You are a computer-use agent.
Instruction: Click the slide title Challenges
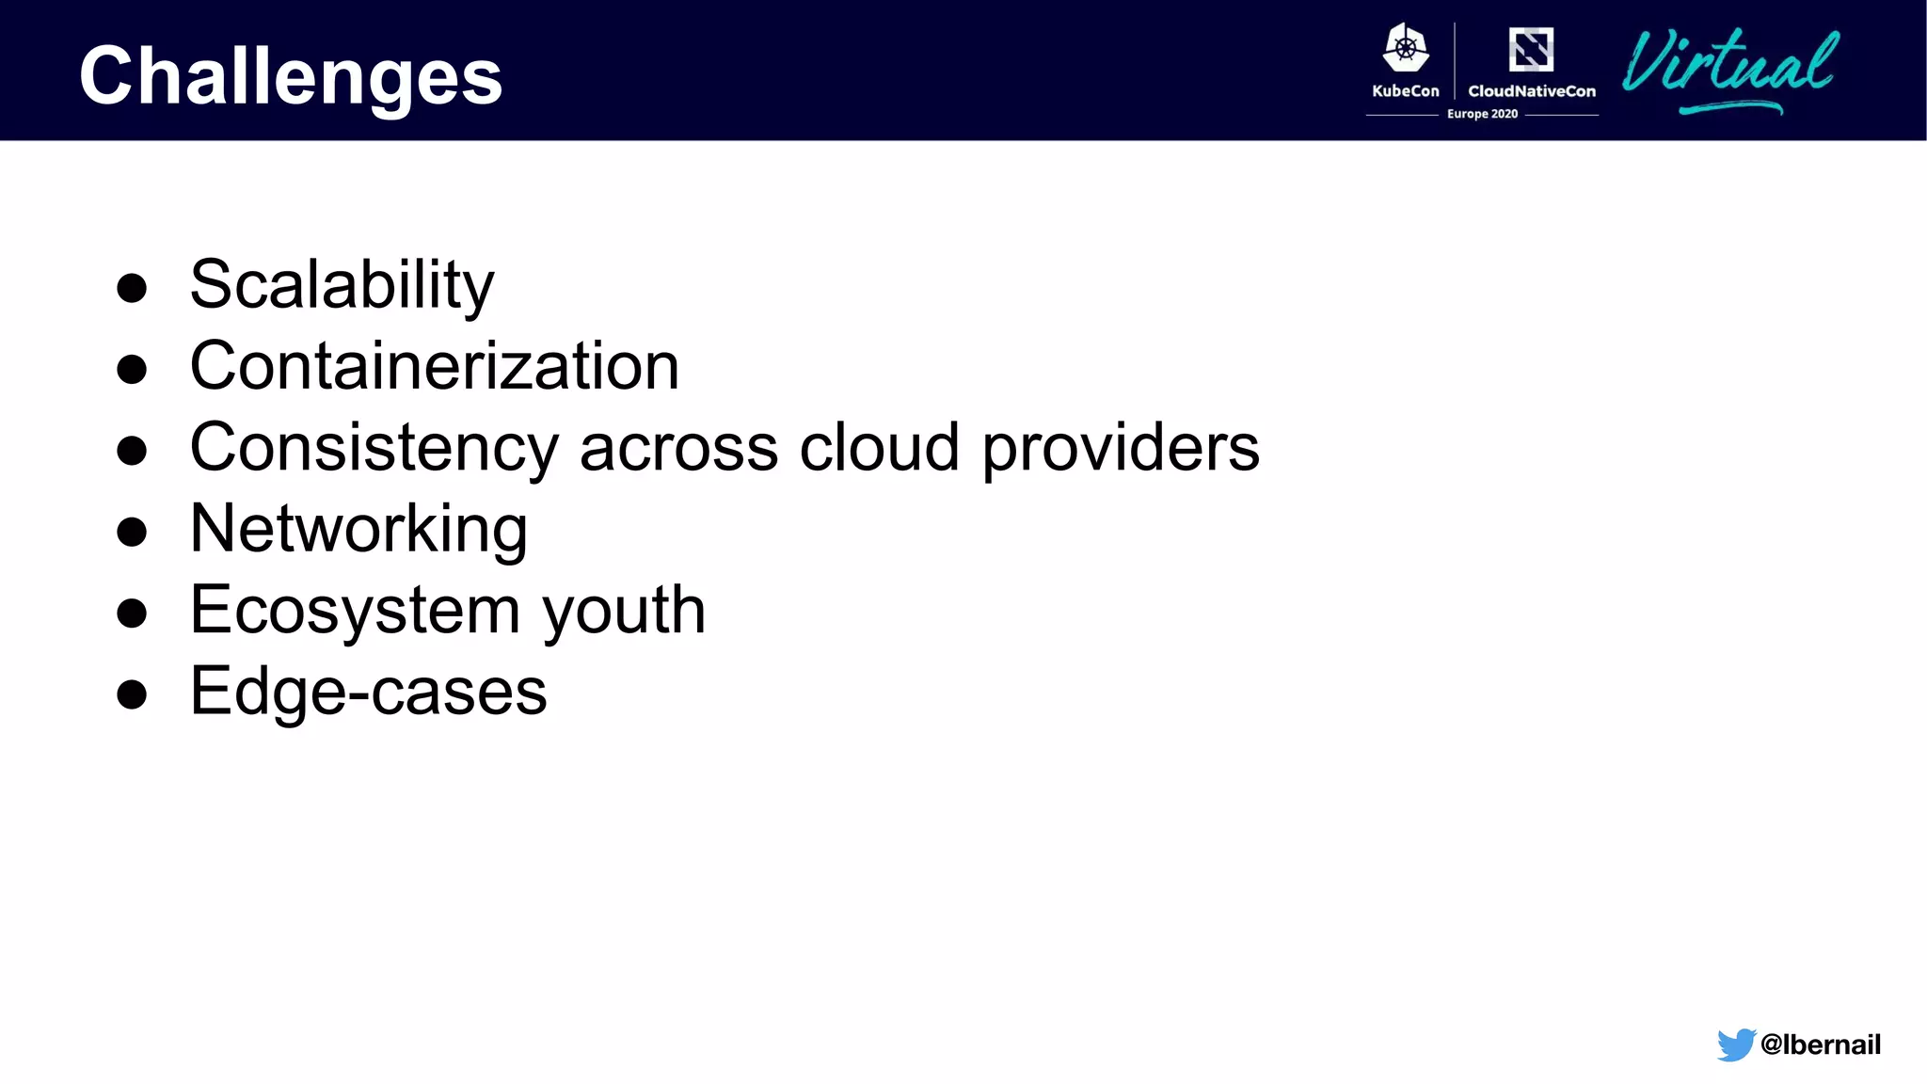(x=291, y=76)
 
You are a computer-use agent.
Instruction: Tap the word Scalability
(x=342, y=284)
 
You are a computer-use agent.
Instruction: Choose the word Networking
(x=358, y=529)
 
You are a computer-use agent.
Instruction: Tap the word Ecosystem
(x=355, y=610)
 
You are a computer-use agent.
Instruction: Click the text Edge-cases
(x=368, y=691)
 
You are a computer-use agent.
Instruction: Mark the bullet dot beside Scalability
(x=132, y=288)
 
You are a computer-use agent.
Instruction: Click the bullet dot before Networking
(x=132, y=532)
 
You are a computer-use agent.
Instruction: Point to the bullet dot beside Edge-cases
(x=132, y=694)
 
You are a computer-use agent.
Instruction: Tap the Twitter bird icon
(x=1735, y=1044)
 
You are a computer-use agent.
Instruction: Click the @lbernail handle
(x=1820, y=1044)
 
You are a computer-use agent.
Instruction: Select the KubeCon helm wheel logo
(x=1406, y=48)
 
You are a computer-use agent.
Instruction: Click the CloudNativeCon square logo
(x=1531, y=49)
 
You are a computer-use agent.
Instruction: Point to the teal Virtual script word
(x=1729, y=66)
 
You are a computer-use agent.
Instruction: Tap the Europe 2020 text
(x=1482, y=114)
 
